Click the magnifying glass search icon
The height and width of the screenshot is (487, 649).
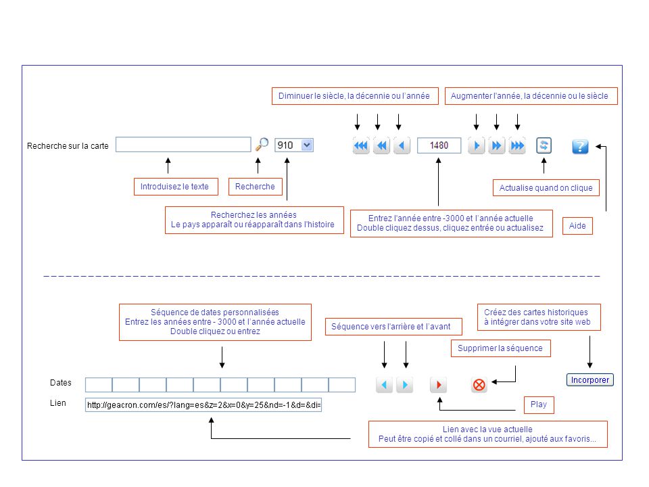tap(262, 145)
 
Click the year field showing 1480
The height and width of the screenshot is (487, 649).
tap(439, 145)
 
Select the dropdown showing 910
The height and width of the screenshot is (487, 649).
tap(294, 145)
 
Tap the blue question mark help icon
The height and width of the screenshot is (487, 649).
tap(580, 146)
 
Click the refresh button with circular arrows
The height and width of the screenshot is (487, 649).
tap(544, 145)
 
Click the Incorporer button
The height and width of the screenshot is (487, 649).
tap(590, 379)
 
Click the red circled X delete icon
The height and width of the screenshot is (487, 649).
tap(479, 385)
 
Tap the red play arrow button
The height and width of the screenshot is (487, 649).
tap(439, 385)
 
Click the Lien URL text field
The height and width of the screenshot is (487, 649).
tap(203, 404)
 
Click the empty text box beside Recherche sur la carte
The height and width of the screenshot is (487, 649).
tap(183, 145)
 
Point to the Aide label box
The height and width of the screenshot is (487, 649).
tap(577, 226)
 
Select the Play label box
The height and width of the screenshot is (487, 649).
tap(539, 404)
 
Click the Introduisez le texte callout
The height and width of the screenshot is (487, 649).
tap(176, 187)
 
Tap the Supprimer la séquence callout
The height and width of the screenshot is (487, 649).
tap(500, 348)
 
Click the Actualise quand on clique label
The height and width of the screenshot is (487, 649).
tap(546, 187)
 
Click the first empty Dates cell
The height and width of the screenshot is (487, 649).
tap(99, 385)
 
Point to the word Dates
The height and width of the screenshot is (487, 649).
tap(60, 383)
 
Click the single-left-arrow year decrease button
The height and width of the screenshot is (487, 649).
tap(402, 145)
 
